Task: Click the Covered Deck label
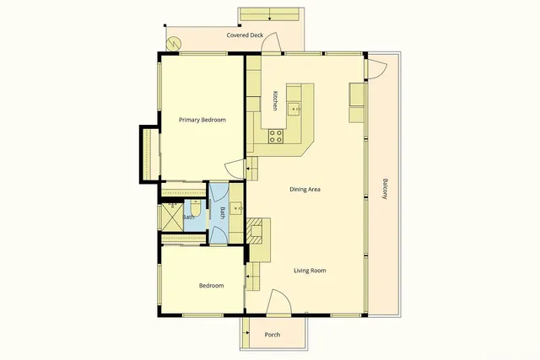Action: [245, 35]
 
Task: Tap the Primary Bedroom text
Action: [202, 121]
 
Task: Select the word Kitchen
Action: [274, 101]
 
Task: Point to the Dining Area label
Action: [305, 189]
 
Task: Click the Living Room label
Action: [310, 271]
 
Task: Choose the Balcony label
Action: [385, 189]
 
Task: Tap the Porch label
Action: [273, 335]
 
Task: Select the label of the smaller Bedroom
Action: [211, 286]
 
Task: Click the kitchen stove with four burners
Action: [276, 136]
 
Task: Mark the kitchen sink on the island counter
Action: [294, 107]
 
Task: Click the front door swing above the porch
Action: [279, 302]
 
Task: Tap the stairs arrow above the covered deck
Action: [268, 15]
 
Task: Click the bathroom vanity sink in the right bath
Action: [236, 205]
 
